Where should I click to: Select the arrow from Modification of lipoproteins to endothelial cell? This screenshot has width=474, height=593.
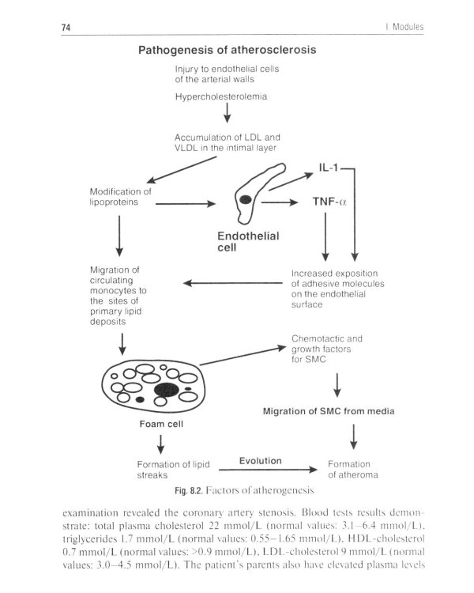186,204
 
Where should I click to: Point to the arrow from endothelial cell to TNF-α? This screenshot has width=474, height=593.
277,202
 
